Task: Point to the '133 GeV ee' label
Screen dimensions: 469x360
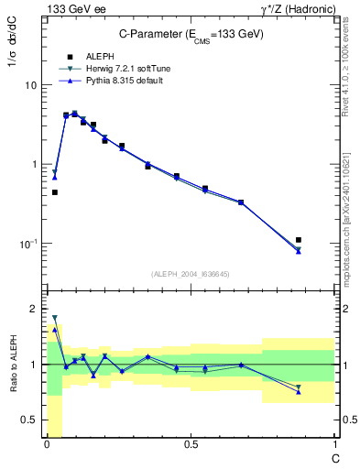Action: (73, 8)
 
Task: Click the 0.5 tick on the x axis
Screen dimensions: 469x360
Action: (190, 445)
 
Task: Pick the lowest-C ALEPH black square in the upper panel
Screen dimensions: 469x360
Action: (55, 192)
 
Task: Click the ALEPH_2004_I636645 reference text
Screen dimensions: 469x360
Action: (190, 273)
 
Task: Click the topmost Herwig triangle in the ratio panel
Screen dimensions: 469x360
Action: (55, 318)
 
